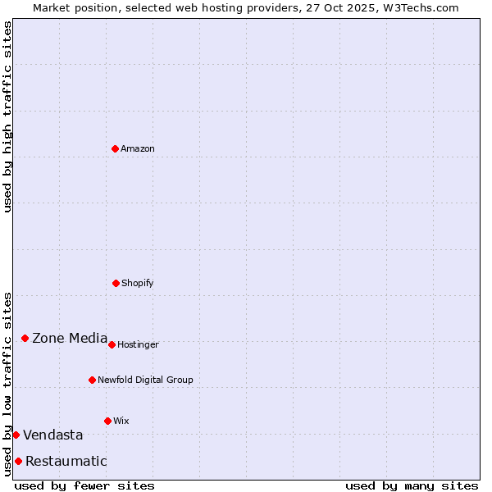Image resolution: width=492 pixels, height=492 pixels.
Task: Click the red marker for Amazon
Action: tap(115, 148)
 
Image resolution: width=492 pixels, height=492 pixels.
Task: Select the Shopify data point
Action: tap(116, 283)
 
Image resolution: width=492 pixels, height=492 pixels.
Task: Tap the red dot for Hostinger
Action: tap(112, 344)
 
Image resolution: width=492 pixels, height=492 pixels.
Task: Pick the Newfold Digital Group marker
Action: tap(92, 380)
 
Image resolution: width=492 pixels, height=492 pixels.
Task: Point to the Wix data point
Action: tap(107, 421)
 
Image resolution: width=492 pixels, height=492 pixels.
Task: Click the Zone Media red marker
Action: tap(25, 338)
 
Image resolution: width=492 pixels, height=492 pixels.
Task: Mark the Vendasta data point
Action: tap(16, 435)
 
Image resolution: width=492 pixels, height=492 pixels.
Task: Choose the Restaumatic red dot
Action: tap(18, 461)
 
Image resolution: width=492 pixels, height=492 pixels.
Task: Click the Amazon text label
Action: tap(138, 148)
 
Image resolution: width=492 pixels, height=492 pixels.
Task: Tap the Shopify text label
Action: tap(138, 283)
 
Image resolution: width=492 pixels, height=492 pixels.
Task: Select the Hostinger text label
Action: tap(138, 344)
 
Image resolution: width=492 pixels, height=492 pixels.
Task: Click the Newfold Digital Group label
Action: tap(145, 380)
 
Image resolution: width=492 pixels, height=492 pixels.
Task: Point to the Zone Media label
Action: tap(70, 338)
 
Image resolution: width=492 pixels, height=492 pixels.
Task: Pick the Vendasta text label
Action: tap(52, 435)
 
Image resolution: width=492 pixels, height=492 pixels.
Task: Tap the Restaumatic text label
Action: tap(66, 461)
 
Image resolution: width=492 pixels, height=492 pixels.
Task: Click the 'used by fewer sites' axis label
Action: tap(84, 485)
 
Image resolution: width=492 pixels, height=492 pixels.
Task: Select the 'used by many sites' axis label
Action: tap(412, 485)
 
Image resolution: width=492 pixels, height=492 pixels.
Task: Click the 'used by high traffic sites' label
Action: tap(7, 116)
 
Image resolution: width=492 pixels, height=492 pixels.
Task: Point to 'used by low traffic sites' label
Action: tap(7, 384)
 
